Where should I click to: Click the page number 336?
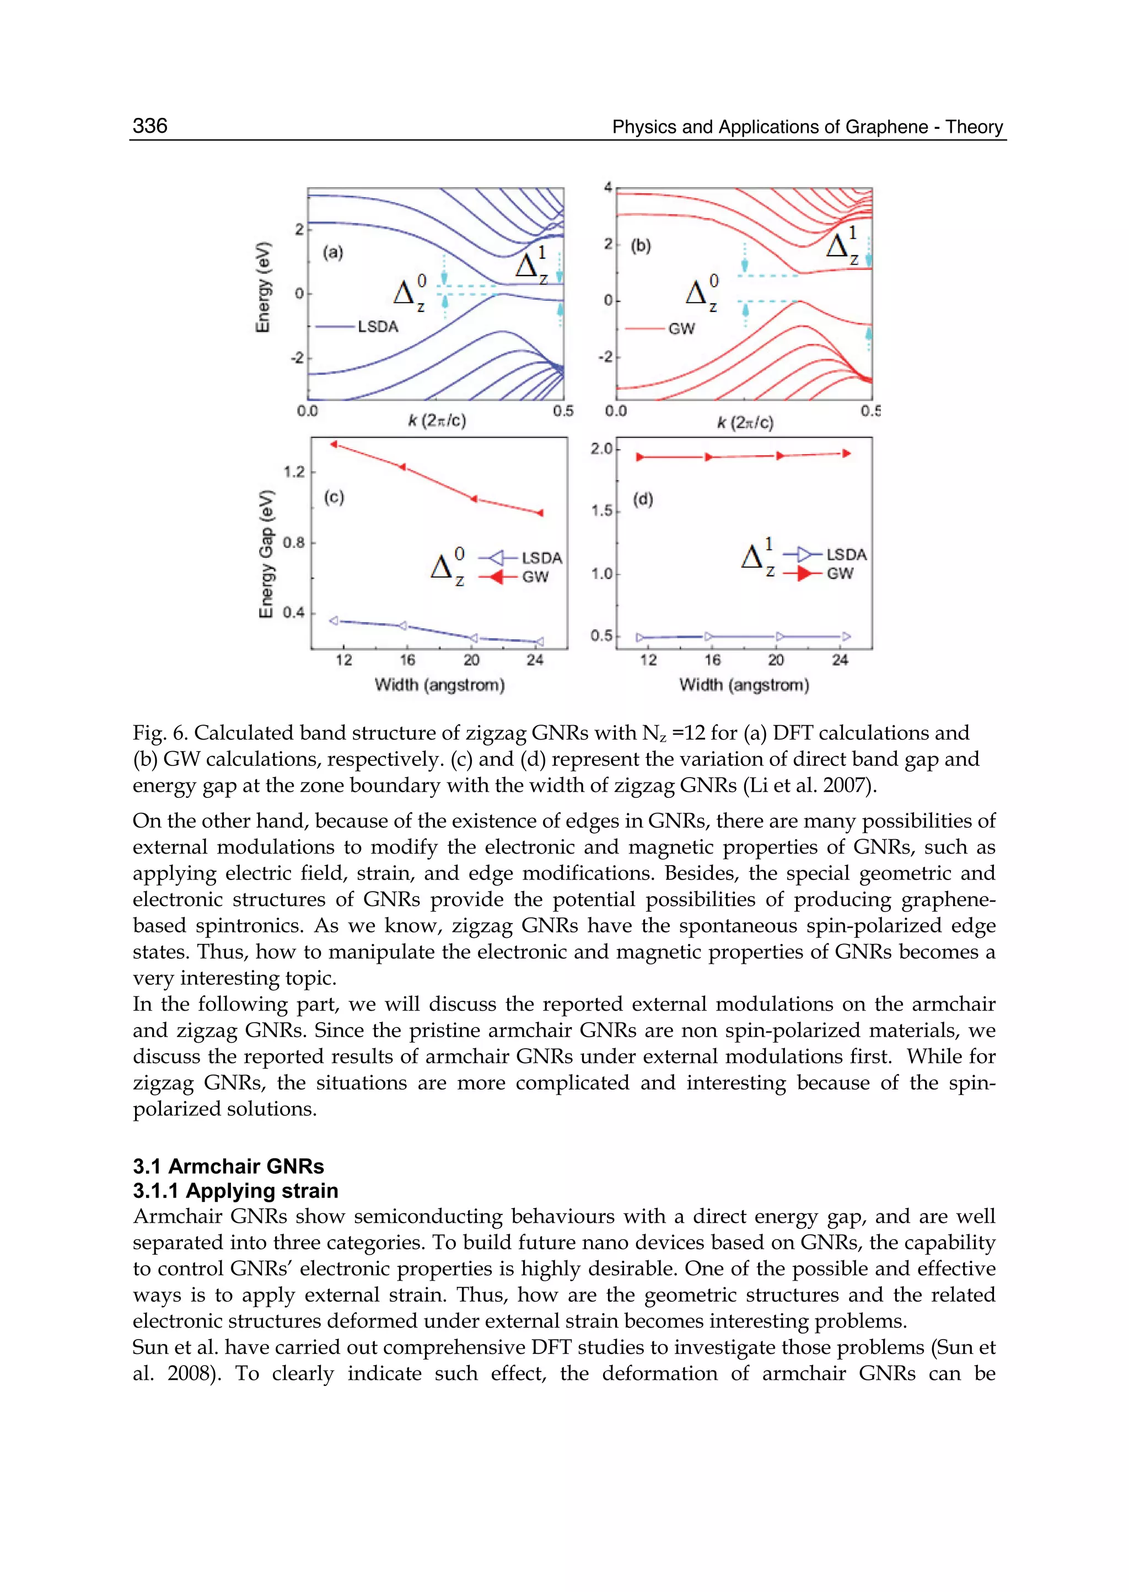[x=149, y=126]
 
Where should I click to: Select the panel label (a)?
[x=332, y=252]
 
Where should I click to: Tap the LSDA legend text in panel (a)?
[x=378, y=327]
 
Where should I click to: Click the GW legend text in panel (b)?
[x=681, y=328]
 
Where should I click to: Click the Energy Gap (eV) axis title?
[x=265, y=553]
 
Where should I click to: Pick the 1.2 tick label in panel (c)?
[x=294, y=472]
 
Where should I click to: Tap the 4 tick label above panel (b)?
[x=608, y=187]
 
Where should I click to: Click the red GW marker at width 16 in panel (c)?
[x=402, y=467]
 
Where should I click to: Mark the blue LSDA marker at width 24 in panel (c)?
[x=540, y=641]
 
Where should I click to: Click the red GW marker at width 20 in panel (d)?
[x=779, y=456]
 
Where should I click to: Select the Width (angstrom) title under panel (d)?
[x=744, y=685]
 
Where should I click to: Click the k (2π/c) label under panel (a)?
[x=437, y=420]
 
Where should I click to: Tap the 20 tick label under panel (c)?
[x=471, y=660]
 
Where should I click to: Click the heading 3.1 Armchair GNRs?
[x=228, y=1166]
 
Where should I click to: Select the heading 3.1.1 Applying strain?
[x=235, y=1191]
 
